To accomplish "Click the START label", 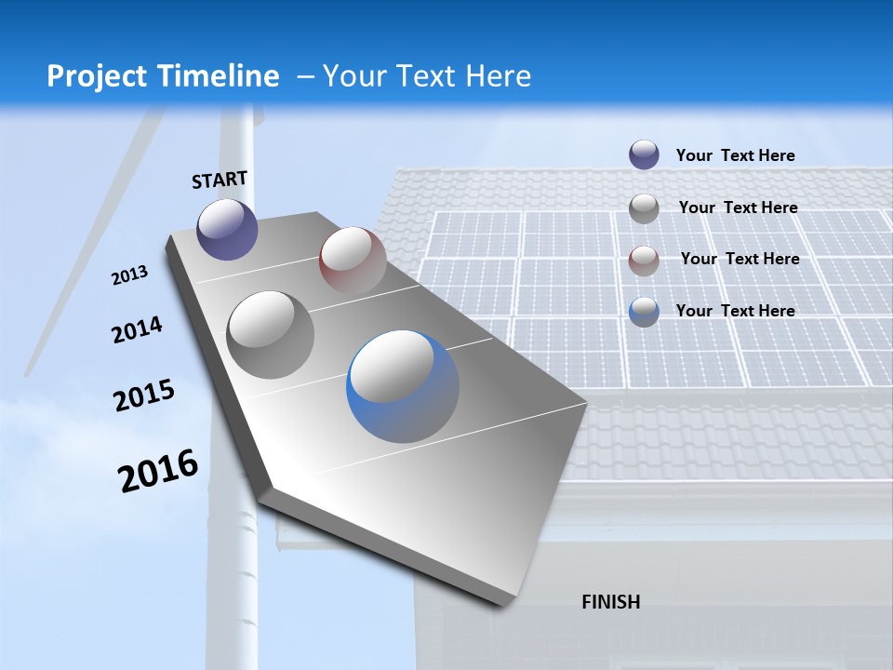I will [x=220, y=180].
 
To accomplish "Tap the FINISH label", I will [x=610, y=602].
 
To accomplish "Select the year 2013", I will [x=129, y=275].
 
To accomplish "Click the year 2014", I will [x=137, y=330].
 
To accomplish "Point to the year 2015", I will [x=143, y=395].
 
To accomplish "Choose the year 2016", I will [x=158, y=471].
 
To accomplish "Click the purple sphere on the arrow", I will [x=227, y=229].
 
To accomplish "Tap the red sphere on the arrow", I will [x=353, y=260].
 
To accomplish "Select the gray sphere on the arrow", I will [x=270, y=334].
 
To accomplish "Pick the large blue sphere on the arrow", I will [x=402, y=385].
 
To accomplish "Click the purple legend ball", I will [x=644, y=154].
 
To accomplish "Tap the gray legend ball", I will [x=644, y=208].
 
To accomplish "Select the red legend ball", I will [x=644, y=261].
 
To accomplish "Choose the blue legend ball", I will [x=644, y=312].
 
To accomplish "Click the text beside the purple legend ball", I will [x=735, y=155].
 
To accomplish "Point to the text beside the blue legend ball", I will [x=735, y=311].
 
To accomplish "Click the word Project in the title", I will [x=93, y=76].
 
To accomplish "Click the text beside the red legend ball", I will [x=740, y=259].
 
